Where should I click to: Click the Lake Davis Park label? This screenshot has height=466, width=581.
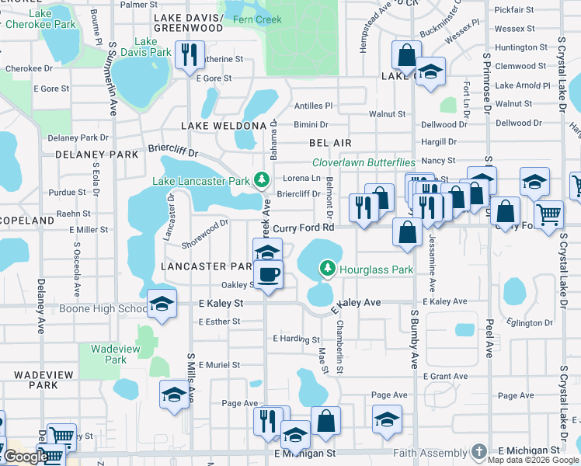click(x=151, y=47)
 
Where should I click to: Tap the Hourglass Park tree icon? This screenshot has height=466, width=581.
click(x=328, y=268)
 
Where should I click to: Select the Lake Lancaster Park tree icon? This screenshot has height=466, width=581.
click(x=263, y=181)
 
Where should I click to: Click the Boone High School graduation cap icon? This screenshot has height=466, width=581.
click(x=162, y=303)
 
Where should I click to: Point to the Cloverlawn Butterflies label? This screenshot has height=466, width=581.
click(x=364, y=162)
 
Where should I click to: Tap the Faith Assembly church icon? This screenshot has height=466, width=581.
click(x=479, y=451)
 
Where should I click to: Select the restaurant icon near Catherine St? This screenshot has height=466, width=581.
click(x=189, y=54)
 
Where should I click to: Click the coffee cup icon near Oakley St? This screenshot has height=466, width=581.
click(x=268, y=274)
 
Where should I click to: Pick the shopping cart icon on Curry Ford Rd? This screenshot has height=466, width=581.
click(x=549, y=213)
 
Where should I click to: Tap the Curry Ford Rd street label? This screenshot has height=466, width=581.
click(x=304, y=228)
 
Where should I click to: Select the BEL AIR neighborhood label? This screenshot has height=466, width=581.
click(x=330, y=143)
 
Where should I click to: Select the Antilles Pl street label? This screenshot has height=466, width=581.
click(x=313, y=106)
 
